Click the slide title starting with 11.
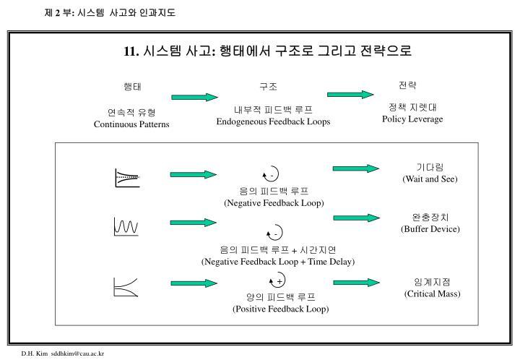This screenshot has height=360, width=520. pyautogui.click(x=267, y=51)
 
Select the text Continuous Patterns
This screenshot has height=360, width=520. pyautogui.click(x=131, y=124)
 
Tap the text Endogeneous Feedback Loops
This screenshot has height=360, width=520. pyautogui.click(x=273, y=121)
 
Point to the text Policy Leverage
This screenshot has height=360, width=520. pyautogui.click(x=412, y=119)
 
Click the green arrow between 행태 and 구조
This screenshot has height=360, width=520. pyautogui.click(x=194, y=97)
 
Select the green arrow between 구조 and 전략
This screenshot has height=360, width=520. pyautogui.click(x=350, y=93)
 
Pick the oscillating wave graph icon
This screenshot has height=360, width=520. pyautogui.click(x=126, y=227)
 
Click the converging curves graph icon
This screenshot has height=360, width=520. pyautogui.click(x=126, y=177)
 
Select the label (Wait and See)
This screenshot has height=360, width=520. pyautogui.click(x=430, y=179)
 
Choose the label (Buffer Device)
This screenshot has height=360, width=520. pyautogui.click(x=430, y=228)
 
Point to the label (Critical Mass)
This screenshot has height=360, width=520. pyautogui.click(x=432, y=293)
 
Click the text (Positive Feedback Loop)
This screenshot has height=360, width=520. pyautogui.click(x=280, y=309)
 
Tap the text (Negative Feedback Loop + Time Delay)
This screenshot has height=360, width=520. pyautogui.click(x=278, y=261)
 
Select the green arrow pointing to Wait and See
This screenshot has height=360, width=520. pyautogui.click(x=356, y=168)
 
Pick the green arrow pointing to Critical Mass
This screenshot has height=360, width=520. pyautogui.click(x=356, y=283)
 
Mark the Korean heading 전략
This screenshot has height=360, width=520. pyautogui.click(x=408, y=85)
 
